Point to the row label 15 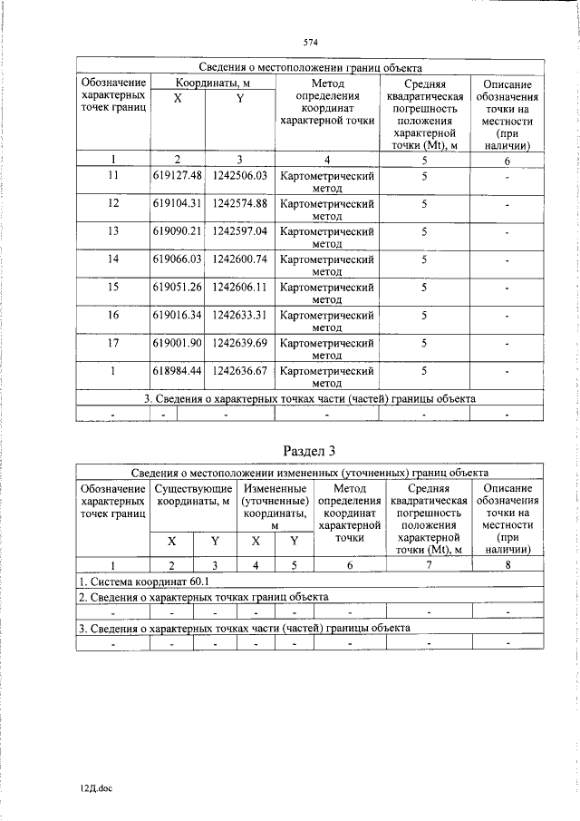[x=113, y=288]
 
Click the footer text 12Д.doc [x=93, y=789]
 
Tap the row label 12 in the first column [x=113, y=203]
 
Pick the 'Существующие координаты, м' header [x=193, y=495]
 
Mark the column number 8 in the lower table [x=507, y=565]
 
